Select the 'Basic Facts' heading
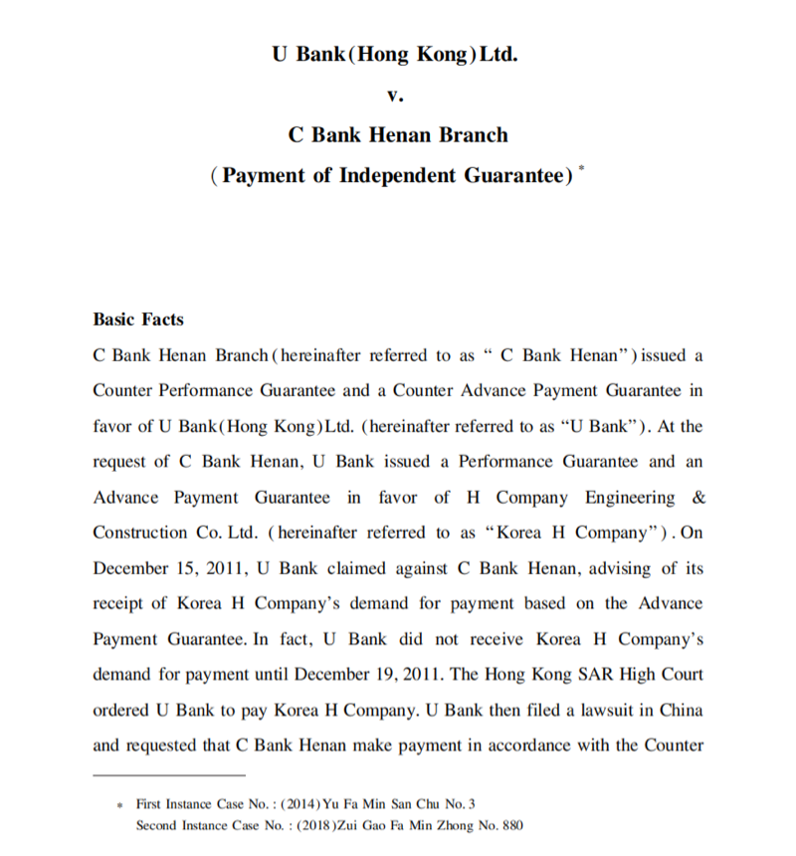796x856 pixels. [x=137, y=320]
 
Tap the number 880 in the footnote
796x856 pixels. [x=509, y=824]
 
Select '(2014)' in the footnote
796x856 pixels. [x=298, y=803]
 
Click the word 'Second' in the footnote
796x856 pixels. [x=156, y=824]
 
